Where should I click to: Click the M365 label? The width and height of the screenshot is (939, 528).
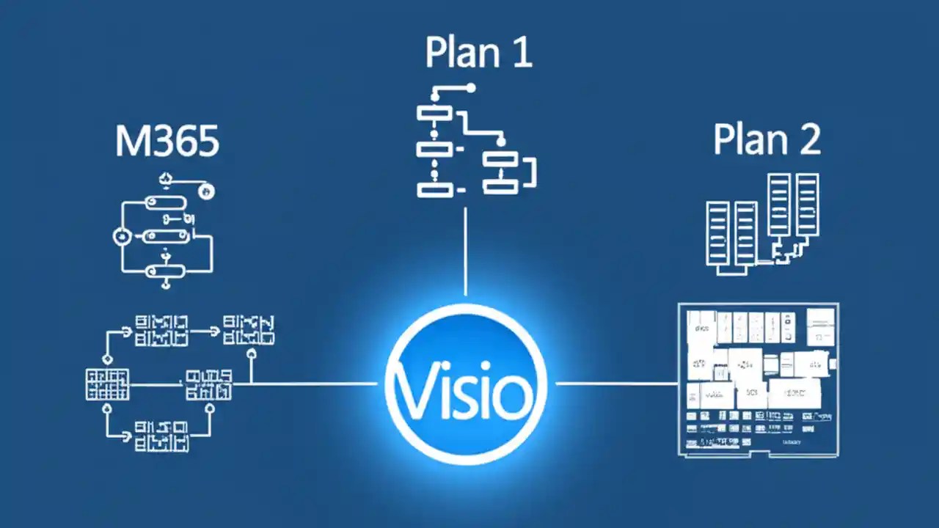coord(167,142)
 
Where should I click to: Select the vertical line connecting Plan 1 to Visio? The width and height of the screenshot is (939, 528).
coord(466,249)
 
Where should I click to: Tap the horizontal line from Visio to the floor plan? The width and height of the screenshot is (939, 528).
coord(616,383)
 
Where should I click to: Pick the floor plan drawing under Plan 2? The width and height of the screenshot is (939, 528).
coord(758,380)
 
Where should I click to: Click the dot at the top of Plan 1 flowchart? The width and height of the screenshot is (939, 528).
coord(470,88)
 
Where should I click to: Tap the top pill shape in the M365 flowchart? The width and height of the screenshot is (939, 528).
coord(164,202)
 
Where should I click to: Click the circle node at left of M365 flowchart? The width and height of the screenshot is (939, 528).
coord(120,237)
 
